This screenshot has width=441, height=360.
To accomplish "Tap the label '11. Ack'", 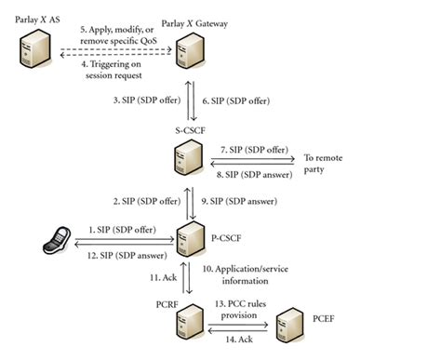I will click(155, 276).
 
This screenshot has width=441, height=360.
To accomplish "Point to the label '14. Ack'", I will click(233, 341).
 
